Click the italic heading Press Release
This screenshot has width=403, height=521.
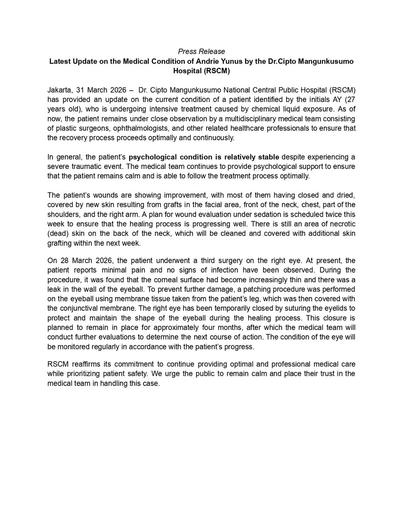(201, 52)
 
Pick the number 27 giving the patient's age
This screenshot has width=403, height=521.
(350, 99)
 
